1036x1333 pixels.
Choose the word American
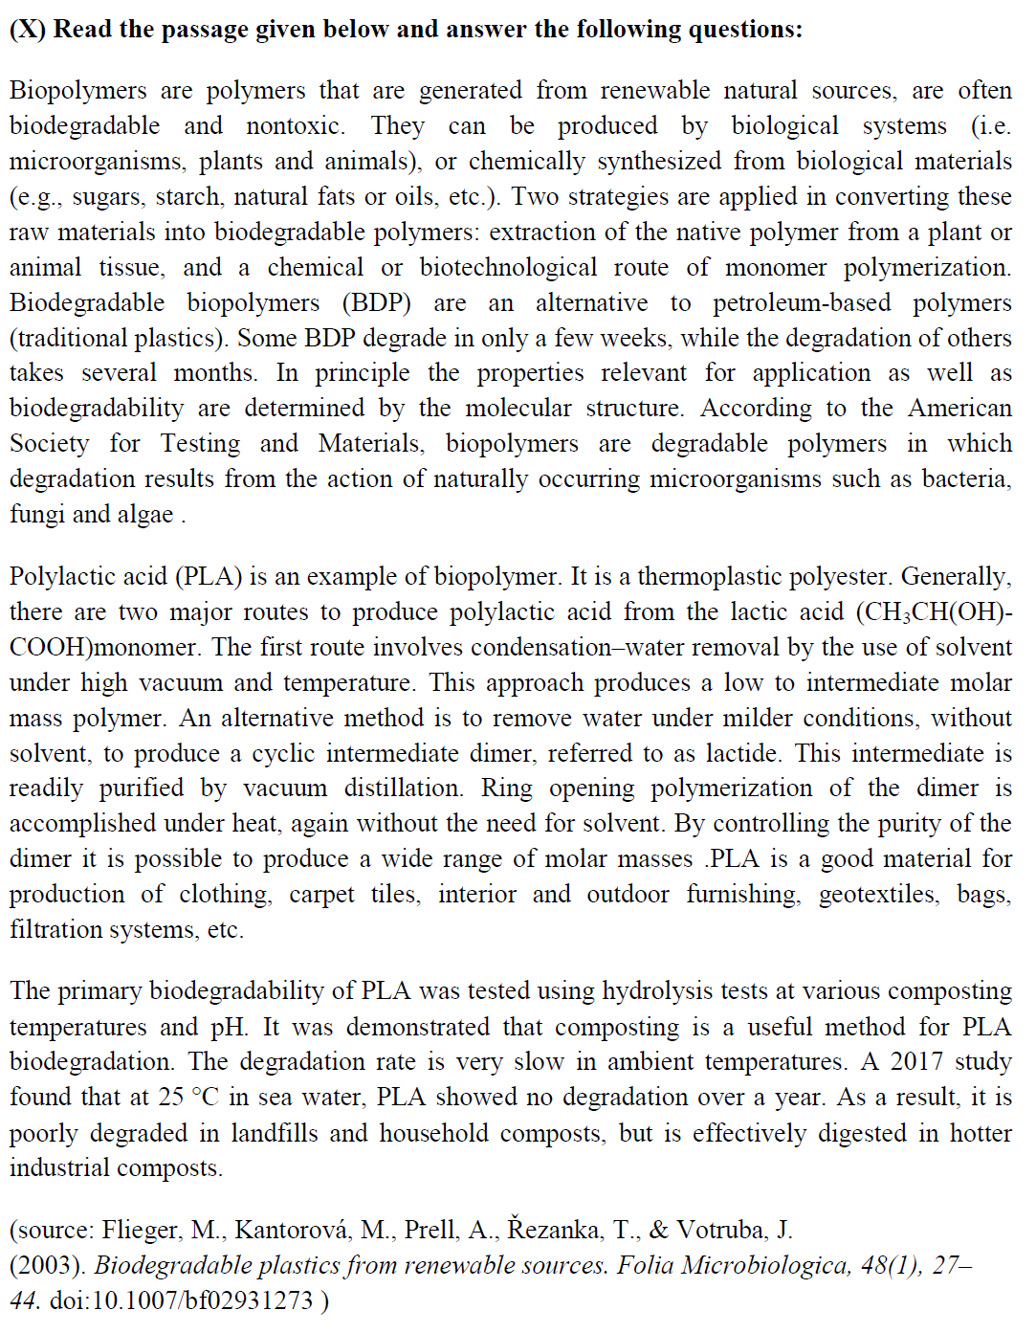click(x=959, y=409)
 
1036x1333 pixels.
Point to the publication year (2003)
click(x=48, y=1266)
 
